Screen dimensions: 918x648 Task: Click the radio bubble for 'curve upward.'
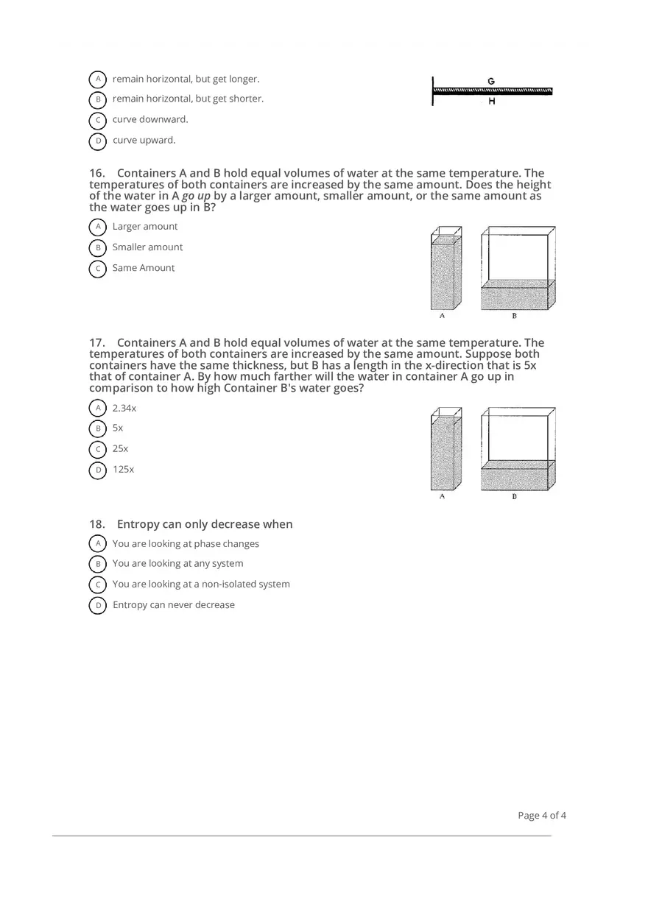(97, 141)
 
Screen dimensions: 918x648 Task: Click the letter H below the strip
(491, 102)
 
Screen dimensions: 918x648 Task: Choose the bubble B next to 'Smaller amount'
(97, 247)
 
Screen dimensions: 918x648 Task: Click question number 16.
(98, 174)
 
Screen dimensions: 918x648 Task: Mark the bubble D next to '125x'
(97, 470)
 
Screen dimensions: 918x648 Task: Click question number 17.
(98, 342)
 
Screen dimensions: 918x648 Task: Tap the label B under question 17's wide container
(514, 497)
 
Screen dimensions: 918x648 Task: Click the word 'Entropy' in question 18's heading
(137, 524)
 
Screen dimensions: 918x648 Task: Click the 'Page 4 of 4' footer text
(542, 815)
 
